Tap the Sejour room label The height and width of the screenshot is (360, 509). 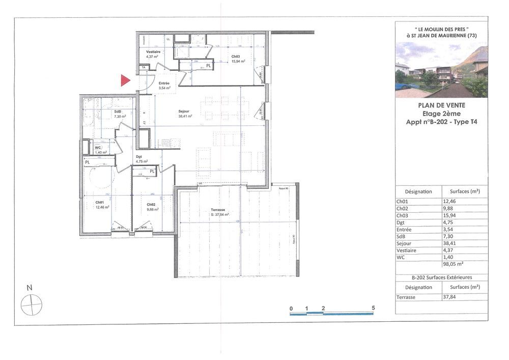pyautogui.click(x=184, y=111)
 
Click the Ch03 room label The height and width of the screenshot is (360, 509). pyautogui.click(x=236, y=57)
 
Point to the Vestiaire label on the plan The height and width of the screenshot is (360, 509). pyautogui.click(x=153, y=52)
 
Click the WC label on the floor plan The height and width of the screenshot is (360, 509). pyautogui.click(x=98, y=148)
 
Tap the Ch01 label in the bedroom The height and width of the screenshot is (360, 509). pyautogui.click(x=99, y=202)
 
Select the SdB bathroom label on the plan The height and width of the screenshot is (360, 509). pyautogui.click(x=118, y=112)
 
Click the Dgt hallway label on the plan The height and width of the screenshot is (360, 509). pyautogui.click(x=138, y=157)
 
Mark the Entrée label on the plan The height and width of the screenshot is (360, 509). pyautogui.click(x=164, y=83)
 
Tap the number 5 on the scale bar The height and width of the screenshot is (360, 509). pyautogui.click(x=374, y=309)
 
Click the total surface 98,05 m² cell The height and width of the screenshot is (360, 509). pyautogui.click(x=453, y=264)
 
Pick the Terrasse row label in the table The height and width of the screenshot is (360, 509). pyautogui.click(x=406, y=297)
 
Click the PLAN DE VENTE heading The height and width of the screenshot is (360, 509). pyautogui.click(x=441, y=105)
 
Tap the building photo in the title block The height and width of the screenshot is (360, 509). pyautogui.click(x=441, y=70)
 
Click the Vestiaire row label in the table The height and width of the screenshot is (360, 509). pyautogui.click(x=406, y=251)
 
